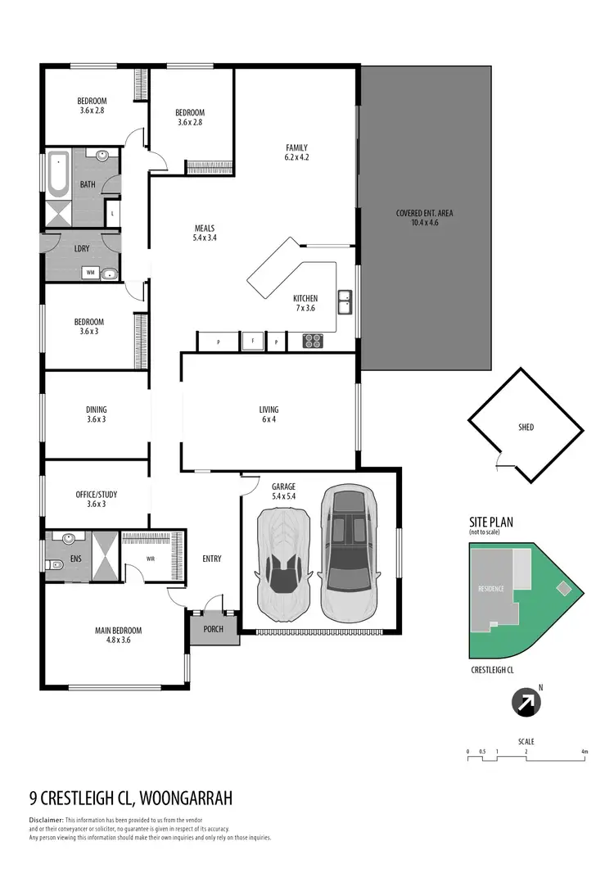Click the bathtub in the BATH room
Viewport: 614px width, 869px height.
58,174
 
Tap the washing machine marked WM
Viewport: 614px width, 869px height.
91,273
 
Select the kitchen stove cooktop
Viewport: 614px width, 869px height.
313,340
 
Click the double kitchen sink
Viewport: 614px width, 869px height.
345,301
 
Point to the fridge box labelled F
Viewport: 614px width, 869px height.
253,340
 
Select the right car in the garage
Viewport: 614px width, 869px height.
348,554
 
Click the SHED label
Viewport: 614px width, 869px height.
526,427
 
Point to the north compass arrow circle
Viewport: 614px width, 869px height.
525,702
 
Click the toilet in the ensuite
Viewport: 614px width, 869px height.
52,564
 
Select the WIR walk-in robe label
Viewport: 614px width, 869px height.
150,559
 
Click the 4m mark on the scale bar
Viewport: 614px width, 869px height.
584,751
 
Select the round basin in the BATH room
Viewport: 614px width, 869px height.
102,156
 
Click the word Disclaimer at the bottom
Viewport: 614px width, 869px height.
46,820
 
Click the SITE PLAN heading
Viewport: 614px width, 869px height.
492,521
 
